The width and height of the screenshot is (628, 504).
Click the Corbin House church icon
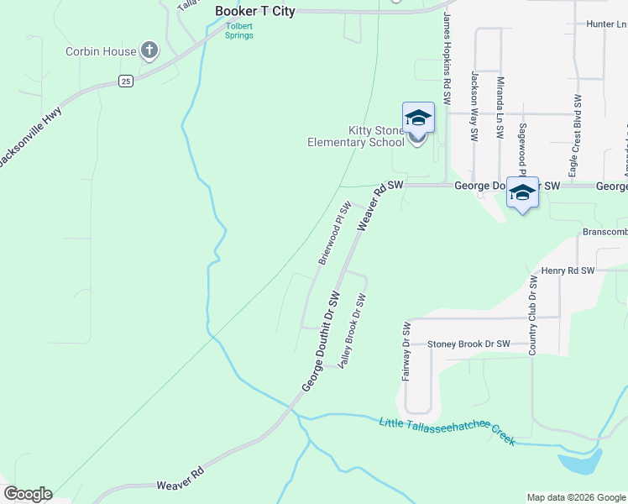click(149, 51)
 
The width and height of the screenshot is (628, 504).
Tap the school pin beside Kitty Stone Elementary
click(418, 118)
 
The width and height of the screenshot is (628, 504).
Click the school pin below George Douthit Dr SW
click(522, 193)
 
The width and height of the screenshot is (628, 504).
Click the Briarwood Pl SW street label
click(334, 233)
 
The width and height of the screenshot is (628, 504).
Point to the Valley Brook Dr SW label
click(353, 330)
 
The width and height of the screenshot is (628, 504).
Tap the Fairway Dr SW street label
click(406, 351)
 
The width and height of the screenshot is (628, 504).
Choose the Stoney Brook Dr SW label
click(468, 344)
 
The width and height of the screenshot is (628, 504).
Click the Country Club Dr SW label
click(532, 314)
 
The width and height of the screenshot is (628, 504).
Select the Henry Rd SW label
click(568, 270)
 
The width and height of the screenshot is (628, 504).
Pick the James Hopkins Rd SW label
click(447, 52)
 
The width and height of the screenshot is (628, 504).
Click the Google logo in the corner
click(28, 494)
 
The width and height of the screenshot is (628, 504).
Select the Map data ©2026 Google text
click(575, 497)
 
